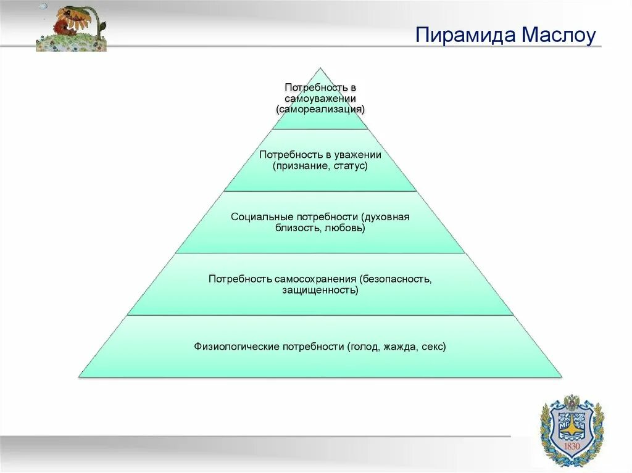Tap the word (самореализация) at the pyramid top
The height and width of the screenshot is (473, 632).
(321, 109)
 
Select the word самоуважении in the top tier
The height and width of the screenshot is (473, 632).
(320, 99)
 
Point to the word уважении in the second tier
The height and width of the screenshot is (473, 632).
(357, 155)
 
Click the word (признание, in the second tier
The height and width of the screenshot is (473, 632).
(300, 167)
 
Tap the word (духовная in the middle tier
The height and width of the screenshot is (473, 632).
(386, 217)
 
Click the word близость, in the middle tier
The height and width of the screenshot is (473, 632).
(300, 228)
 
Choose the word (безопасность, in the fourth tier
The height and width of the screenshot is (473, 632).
(396, 279)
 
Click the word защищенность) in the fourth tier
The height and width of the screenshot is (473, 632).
(320, 290)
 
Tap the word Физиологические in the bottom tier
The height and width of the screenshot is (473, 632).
(236, 347)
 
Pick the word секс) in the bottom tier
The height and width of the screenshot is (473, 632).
(434, 347)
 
